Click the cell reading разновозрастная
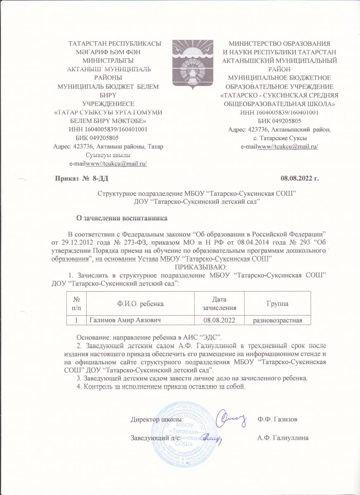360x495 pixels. click(x=277, y=320)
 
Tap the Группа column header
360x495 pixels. click(x=277, y=304)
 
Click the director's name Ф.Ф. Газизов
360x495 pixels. click(x=277, y=420)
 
